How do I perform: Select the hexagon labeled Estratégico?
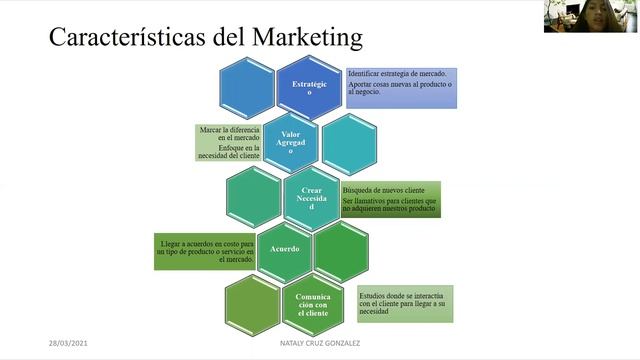(x=308, y=88)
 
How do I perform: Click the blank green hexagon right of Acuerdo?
(x=341, y=249)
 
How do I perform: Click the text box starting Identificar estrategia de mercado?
(x=402, y=87)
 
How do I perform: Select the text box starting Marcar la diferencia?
(x=232, y=142)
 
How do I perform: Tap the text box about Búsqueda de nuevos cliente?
(x=391, y=200)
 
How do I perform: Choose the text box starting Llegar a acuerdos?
(x=206, y=251)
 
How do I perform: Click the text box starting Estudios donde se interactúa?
(x=404, y=304)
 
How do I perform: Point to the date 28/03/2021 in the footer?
(x=69, y=343)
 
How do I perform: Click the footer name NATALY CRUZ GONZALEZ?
(x=321, y=344)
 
